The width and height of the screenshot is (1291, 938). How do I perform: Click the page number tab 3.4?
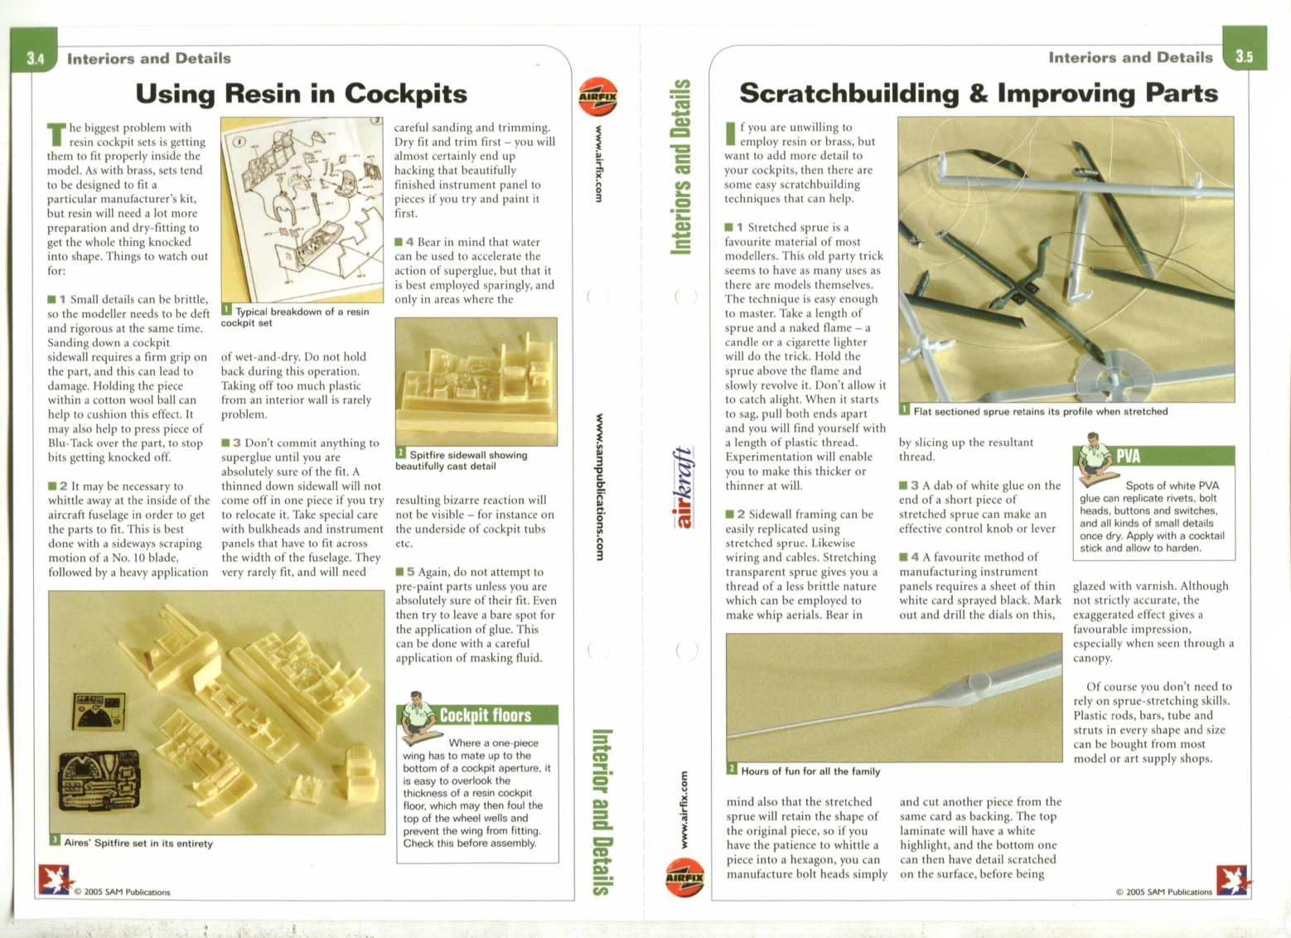34,58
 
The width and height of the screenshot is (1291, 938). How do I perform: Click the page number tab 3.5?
1244,56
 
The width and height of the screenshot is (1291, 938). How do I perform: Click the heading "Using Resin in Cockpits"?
301,94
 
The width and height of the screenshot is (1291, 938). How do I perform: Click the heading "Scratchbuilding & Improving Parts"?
978,93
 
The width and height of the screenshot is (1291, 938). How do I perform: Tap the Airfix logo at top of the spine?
597,97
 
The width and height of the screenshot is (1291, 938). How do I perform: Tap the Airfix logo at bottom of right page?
684,878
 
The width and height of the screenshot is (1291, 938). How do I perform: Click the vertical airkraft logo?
682,487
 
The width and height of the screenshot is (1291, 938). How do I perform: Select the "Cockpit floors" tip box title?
485,715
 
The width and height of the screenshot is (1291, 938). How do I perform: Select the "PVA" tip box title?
1128,456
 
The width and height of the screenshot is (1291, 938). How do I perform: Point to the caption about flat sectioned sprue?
1040,411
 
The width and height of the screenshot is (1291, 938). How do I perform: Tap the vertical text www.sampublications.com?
599,486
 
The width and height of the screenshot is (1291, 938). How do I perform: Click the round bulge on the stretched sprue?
979,682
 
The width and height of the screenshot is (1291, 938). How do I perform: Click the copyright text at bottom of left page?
122,892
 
